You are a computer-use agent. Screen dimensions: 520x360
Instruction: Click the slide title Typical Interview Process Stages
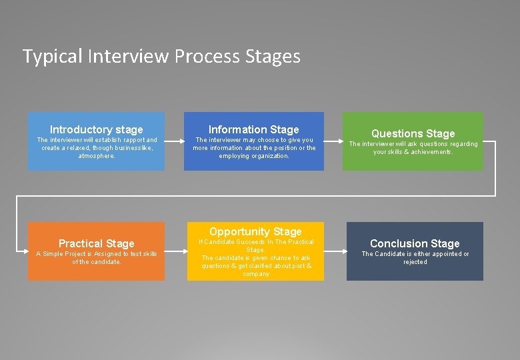161,57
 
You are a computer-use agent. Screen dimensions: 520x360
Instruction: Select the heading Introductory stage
97,129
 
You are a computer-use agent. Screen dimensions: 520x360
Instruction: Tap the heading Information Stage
254,129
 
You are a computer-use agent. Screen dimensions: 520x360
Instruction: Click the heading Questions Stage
413,133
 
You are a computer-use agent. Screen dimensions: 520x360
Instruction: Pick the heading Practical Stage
97,243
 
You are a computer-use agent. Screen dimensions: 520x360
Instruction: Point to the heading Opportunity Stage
255,231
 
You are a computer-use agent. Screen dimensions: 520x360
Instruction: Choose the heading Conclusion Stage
415,243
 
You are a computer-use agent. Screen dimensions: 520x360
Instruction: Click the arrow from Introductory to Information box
174,141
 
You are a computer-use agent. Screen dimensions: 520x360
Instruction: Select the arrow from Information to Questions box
333,141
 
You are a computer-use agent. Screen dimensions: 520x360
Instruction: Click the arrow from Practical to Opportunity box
175,251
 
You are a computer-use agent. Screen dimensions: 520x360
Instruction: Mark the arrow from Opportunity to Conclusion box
335,251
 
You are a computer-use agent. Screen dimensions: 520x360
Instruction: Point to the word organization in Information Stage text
270,156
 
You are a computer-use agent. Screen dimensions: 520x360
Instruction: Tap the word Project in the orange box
79,254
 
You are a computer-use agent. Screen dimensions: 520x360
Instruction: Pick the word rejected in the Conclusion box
415,262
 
